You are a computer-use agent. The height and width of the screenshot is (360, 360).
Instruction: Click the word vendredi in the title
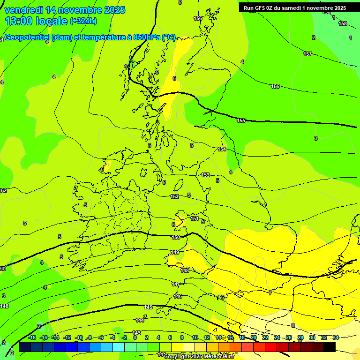[x=23, y=10]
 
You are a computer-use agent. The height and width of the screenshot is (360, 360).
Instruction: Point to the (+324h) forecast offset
[x=83, y=21]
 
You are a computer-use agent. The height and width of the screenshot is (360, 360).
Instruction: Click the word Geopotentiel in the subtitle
[x=27, y=37]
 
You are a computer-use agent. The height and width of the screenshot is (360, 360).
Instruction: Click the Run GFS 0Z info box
[x=294, y=7]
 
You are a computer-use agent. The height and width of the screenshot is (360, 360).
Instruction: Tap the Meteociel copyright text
[x=199, y=356]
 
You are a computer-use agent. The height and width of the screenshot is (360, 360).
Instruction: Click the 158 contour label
[x=343, y=23]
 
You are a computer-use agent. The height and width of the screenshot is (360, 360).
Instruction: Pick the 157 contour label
[x=307, y=54]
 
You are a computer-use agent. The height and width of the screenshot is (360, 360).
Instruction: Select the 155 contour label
[x=241, y=120]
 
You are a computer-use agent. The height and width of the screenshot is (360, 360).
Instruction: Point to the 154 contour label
[x=222, y=149]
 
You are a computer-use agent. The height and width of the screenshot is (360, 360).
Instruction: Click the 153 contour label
[x=205, y=175]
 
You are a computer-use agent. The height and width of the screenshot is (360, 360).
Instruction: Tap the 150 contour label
[x=176, y=237]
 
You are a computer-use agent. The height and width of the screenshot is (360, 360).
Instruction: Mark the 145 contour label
[x=149, y=307]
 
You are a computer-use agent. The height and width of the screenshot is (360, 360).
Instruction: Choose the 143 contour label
[x=136, y=333]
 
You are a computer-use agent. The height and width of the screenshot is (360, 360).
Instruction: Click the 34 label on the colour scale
[x=336, y=337]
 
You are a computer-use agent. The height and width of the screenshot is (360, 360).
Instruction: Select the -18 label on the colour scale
[x=32, y=337]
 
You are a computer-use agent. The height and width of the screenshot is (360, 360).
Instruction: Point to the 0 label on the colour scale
[x=135, y=337]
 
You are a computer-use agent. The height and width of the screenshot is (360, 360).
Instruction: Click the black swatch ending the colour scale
[x=330, y=347]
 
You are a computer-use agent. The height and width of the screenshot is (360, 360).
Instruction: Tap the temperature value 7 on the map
[x=270, y=293]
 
